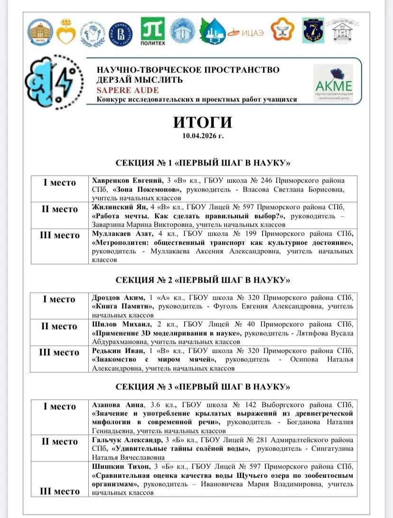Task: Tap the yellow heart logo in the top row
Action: pyautogui.click(x=66, y=32)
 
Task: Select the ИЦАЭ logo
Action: pyautogui.click(x=244, y=32)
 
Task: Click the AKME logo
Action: pyautogui.click(x=334, y=84)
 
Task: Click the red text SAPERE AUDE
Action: pyautogui.click(x=128, y=90)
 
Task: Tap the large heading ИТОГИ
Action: pyautogui.click(x=202, y=122)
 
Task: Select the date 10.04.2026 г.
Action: pyautogui.click(x=202, y=136)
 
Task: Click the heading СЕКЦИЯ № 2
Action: pyautogui.click(x=203, y=279)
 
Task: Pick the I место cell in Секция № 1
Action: pyautogui.click(x=60, y=183)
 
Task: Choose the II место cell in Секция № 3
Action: pyautogui.click(x=60, y=442)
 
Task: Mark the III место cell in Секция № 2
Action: pyautogui.click(x=60, y=352)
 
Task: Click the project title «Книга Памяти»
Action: pyautogui.click(x=122, y=306)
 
